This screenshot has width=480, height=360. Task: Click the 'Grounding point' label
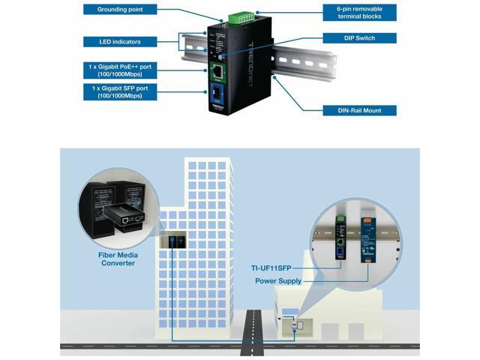pos(127,10)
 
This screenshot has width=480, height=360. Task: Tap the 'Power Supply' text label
pos(278,281)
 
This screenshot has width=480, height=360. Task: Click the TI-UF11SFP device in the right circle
pos(340,234)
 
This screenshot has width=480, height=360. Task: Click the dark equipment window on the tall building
pos(174,241)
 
